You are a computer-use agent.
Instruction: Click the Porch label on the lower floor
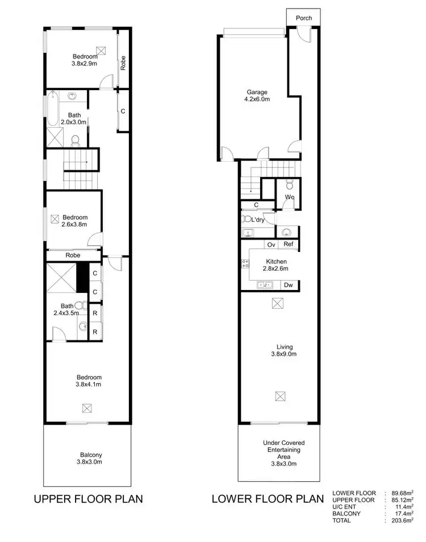tap(304, 18)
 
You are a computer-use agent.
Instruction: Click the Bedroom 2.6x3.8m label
tap(74, 220)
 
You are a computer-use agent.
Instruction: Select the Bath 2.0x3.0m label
tap(73, 118)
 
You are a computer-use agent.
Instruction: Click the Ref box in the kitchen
tap(289, 245)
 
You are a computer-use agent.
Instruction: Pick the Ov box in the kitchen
tap(271, 245)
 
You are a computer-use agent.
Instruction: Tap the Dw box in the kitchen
tap(289, 285)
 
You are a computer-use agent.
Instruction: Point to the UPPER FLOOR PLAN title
tap(88, 499)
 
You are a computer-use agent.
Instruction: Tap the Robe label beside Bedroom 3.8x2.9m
tap(123, 61)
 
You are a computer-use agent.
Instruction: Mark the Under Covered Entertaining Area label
tap(282, 453)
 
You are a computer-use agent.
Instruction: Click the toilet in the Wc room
tap(289, 184)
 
